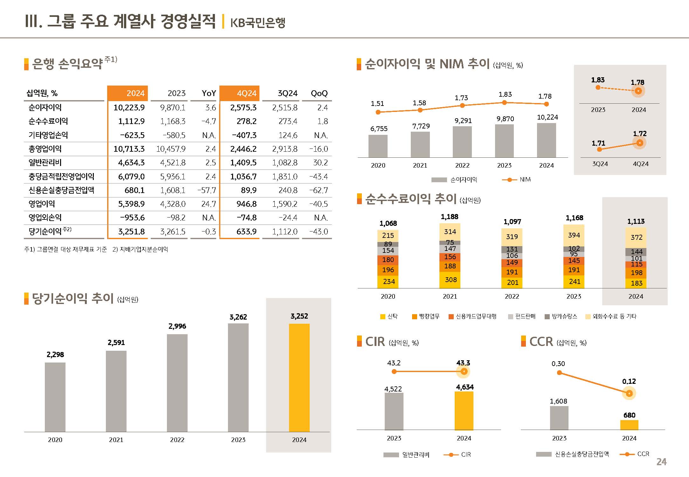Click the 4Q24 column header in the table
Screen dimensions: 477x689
click(x=246, y=93)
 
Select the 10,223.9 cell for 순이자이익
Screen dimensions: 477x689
click(x=129, y=107)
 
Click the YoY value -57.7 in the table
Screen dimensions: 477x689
click(x=206, y=190)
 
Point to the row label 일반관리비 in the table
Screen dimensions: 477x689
click(x=45, y=162)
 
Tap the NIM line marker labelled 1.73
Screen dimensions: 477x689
click(x=462, y=106)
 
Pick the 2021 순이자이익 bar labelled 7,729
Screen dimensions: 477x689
click(x=420, y=144)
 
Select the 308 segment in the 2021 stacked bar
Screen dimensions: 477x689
click(x=450, y=280)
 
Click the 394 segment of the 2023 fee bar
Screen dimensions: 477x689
click(x=574, y=235)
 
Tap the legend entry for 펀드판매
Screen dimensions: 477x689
click(x=522, y=316)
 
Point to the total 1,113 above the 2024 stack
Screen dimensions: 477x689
click(x=636, y=221)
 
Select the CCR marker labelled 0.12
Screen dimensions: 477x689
click(x=629, y=393)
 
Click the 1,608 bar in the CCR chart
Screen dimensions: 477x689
click(x=559, y=418)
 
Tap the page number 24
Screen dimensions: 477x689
click(x=661, y=462)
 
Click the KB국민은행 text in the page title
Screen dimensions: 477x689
click(x=258, y=23)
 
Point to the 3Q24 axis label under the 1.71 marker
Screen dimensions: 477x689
click(x=600, y=164)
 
